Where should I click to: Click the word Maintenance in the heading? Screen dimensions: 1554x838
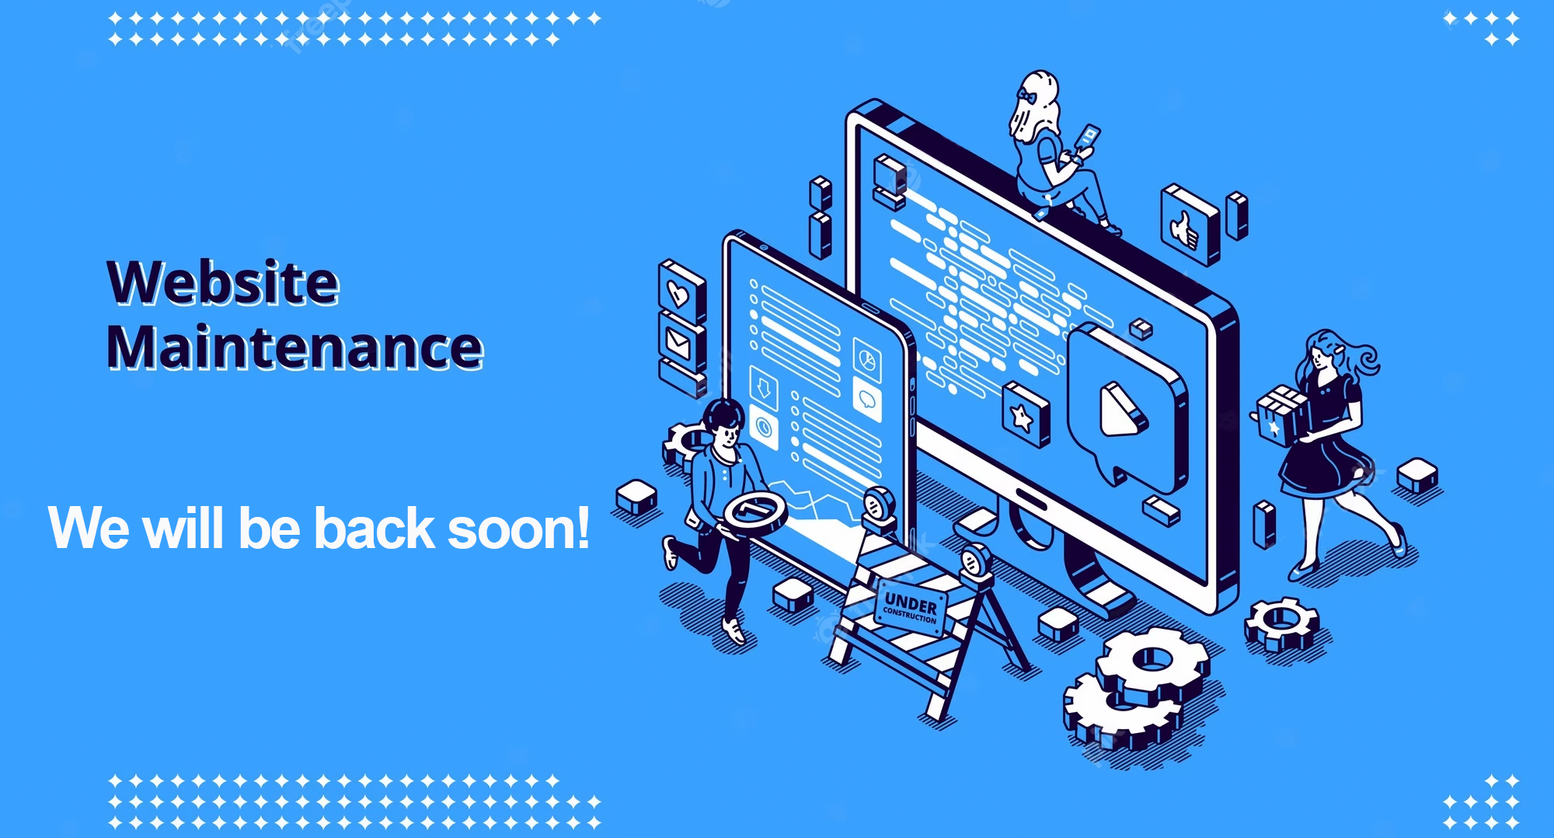[295, 347]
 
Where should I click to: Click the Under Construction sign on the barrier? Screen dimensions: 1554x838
[911, 608]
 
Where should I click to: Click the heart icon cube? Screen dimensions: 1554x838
[681, 291]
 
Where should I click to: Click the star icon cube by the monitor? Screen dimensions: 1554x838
[1025, 415]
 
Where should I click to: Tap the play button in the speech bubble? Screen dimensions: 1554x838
[1122, 410]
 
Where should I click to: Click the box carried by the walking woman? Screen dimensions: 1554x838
[1281, 415]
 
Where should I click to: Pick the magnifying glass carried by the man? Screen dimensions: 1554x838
[754, 514]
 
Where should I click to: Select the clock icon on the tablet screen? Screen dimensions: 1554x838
[765, 428]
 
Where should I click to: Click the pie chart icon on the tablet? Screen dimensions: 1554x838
[867, 358]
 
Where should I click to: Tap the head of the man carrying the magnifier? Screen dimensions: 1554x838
[723, 424]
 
